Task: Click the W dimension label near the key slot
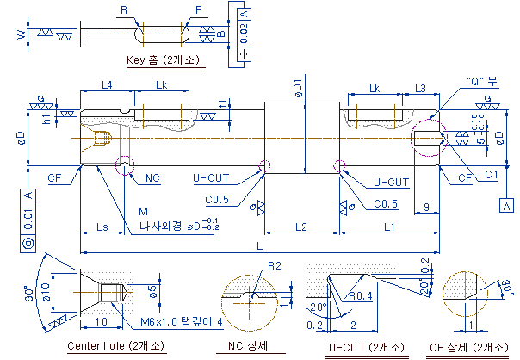click(21, 34)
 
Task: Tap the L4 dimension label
click(106, 84)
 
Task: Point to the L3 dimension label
click(421, 88)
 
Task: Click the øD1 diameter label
click(298, 87)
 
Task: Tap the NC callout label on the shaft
click(152, 178)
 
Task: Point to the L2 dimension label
click(300, 227)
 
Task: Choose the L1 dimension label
click(389, 227)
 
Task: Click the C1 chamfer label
click(492, 175)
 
